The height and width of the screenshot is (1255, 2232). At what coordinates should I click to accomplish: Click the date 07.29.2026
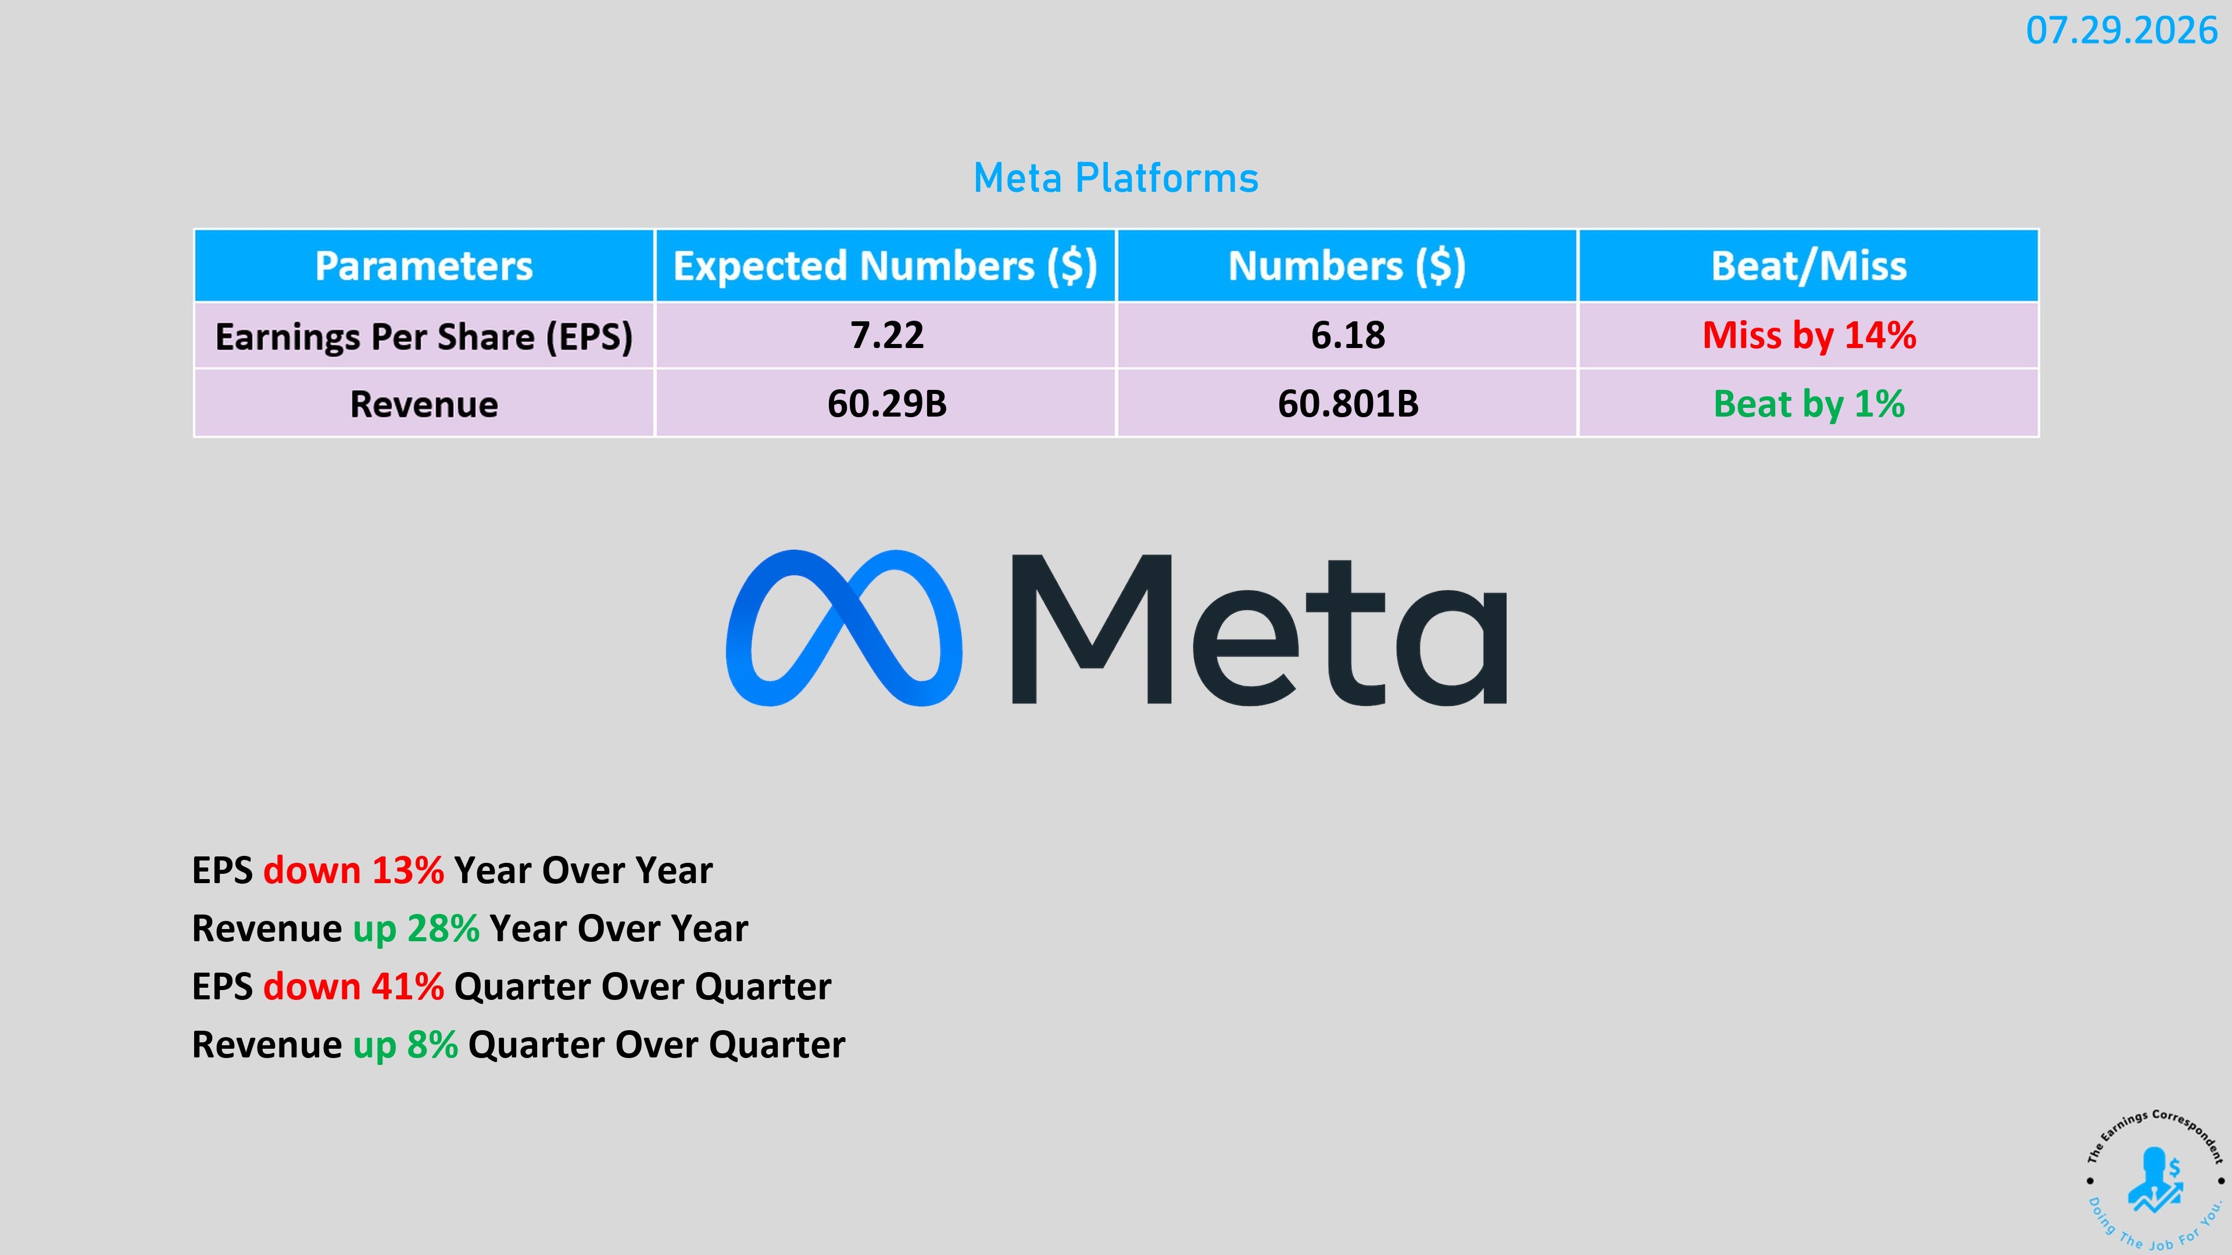click(2121, 31)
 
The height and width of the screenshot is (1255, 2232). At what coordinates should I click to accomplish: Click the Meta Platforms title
click(1116, 178)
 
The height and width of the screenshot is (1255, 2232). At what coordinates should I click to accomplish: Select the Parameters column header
click(424, 266)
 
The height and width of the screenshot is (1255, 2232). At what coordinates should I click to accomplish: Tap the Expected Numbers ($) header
click(885, 266)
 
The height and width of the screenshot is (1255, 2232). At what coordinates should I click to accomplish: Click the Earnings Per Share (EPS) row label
click(424, 336)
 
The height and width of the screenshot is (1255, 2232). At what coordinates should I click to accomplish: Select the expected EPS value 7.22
click(886, 335)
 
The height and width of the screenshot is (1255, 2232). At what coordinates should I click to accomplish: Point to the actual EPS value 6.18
click(1347, 335)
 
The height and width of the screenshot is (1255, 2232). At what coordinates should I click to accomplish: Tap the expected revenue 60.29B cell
click(886, 404)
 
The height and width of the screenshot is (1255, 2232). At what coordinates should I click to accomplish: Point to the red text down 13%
click(353, 870)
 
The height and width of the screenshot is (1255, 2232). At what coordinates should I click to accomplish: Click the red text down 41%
click(353, 987)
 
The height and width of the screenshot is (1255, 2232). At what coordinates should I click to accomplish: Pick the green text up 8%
click(406, 1045)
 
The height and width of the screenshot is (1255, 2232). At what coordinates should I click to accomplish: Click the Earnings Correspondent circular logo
click(2154, 1179)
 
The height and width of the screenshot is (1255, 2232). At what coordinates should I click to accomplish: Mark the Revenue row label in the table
click(424, 404)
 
